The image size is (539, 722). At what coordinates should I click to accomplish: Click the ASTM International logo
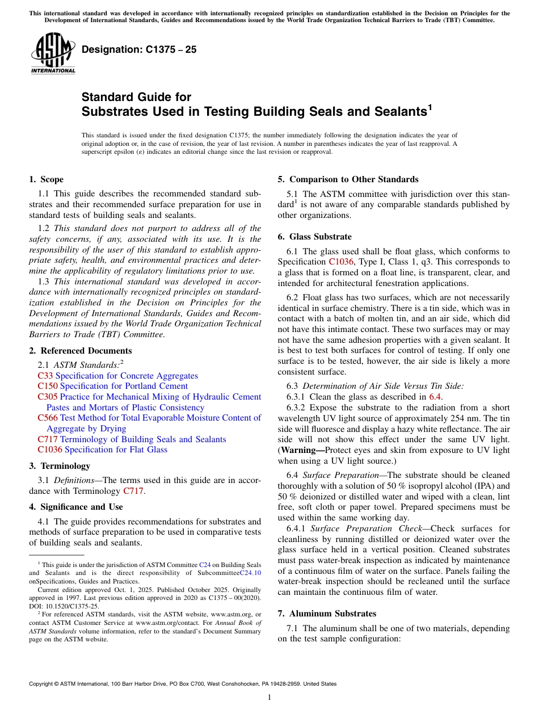53,53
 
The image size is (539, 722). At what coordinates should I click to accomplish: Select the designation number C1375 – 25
139,49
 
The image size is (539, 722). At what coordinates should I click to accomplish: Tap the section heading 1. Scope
46,179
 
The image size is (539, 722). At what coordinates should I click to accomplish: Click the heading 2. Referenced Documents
80,351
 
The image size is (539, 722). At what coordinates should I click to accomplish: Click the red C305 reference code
47,397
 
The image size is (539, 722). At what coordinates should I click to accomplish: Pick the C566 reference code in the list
47,418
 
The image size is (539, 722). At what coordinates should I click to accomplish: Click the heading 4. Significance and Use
76,507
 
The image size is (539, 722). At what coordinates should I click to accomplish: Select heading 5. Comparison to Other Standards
348,179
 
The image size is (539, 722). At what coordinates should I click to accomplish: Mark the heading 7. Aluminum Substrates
327,614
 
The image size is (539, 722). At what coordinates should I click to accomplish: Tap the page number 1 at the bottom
269,697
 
